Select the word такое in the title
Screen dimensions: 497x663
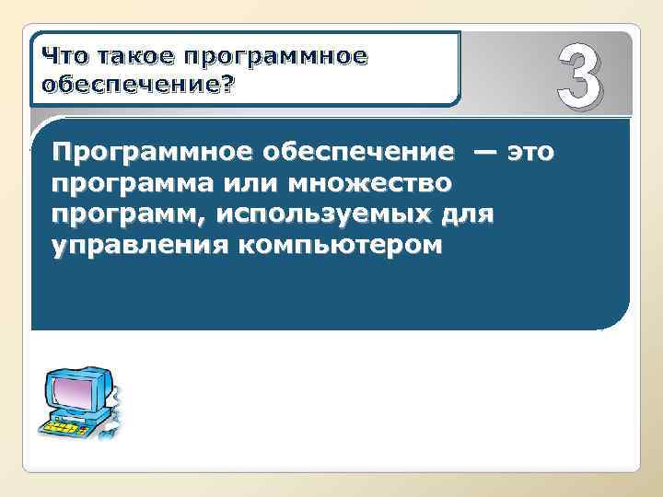[x=133, y=56]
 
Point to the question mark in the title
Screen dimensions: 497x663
[x=227, y=84]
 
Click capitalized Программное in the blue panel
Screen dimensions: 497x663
[x=143, y=152]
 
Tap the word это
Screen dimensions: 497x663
[x=532, y=151]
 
